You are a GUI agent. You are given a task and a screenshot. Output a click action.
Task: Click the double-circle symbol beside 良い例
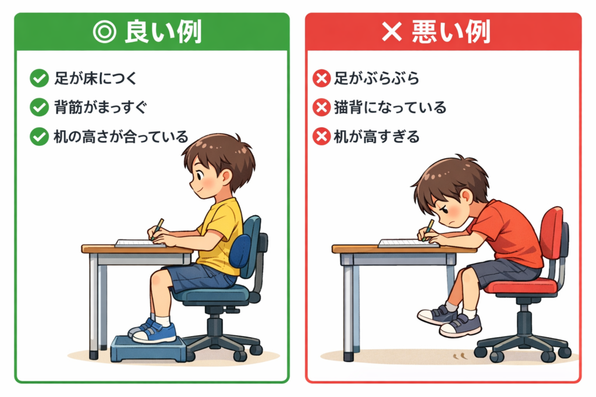[x=105, y=32]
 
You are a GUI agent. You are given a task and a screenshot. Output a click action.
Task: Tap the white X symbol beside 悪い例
[x=392, y=31]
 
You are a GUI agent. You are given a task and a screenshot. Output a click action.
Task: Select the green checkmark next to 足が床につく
[x=39, y=78]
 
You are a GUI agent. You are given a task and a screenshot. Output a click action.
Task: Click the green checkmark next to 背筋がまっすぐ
[x=39, y=107]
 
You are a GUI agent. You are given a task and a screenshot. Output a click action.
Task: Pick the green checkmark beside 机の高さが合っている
[x=39, y=137]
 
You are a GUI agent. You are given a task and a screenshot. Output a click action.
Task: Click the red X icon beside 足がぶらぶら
[x=321, y=78]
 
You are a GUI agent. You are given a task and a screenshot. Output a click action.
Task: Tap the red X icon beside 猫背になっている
[x=321, y=108]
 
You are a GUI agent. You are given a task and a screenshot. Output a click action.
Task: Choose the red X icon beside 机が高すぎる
[x=321, y=137]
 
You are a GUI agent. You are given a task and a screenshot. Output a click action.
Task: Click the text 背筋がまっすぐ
[x=100, y=107]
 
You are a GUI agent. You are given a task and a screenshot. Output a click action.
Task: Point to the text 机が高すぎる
[x=377, y=137]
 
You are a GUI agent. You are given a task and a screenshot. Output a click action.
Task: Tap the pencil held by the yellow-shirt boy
[x=157, y=228]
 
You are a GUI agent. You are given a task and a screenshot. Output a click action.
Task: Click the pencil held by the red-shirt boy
[x=428, y=230]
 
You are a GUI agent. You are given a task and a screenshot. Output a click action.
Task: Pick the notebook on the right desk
[x=407, y=243]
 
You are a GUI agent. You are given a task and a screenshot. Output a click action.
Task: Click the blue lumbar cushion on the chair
[x=240, y=251]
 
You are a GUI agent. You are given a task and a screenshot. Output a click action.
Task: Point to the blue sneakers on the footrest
[x=152, y=330]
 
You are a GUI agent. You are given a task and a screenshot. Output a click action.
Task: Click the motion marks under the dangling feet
[x=460, y=356]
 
